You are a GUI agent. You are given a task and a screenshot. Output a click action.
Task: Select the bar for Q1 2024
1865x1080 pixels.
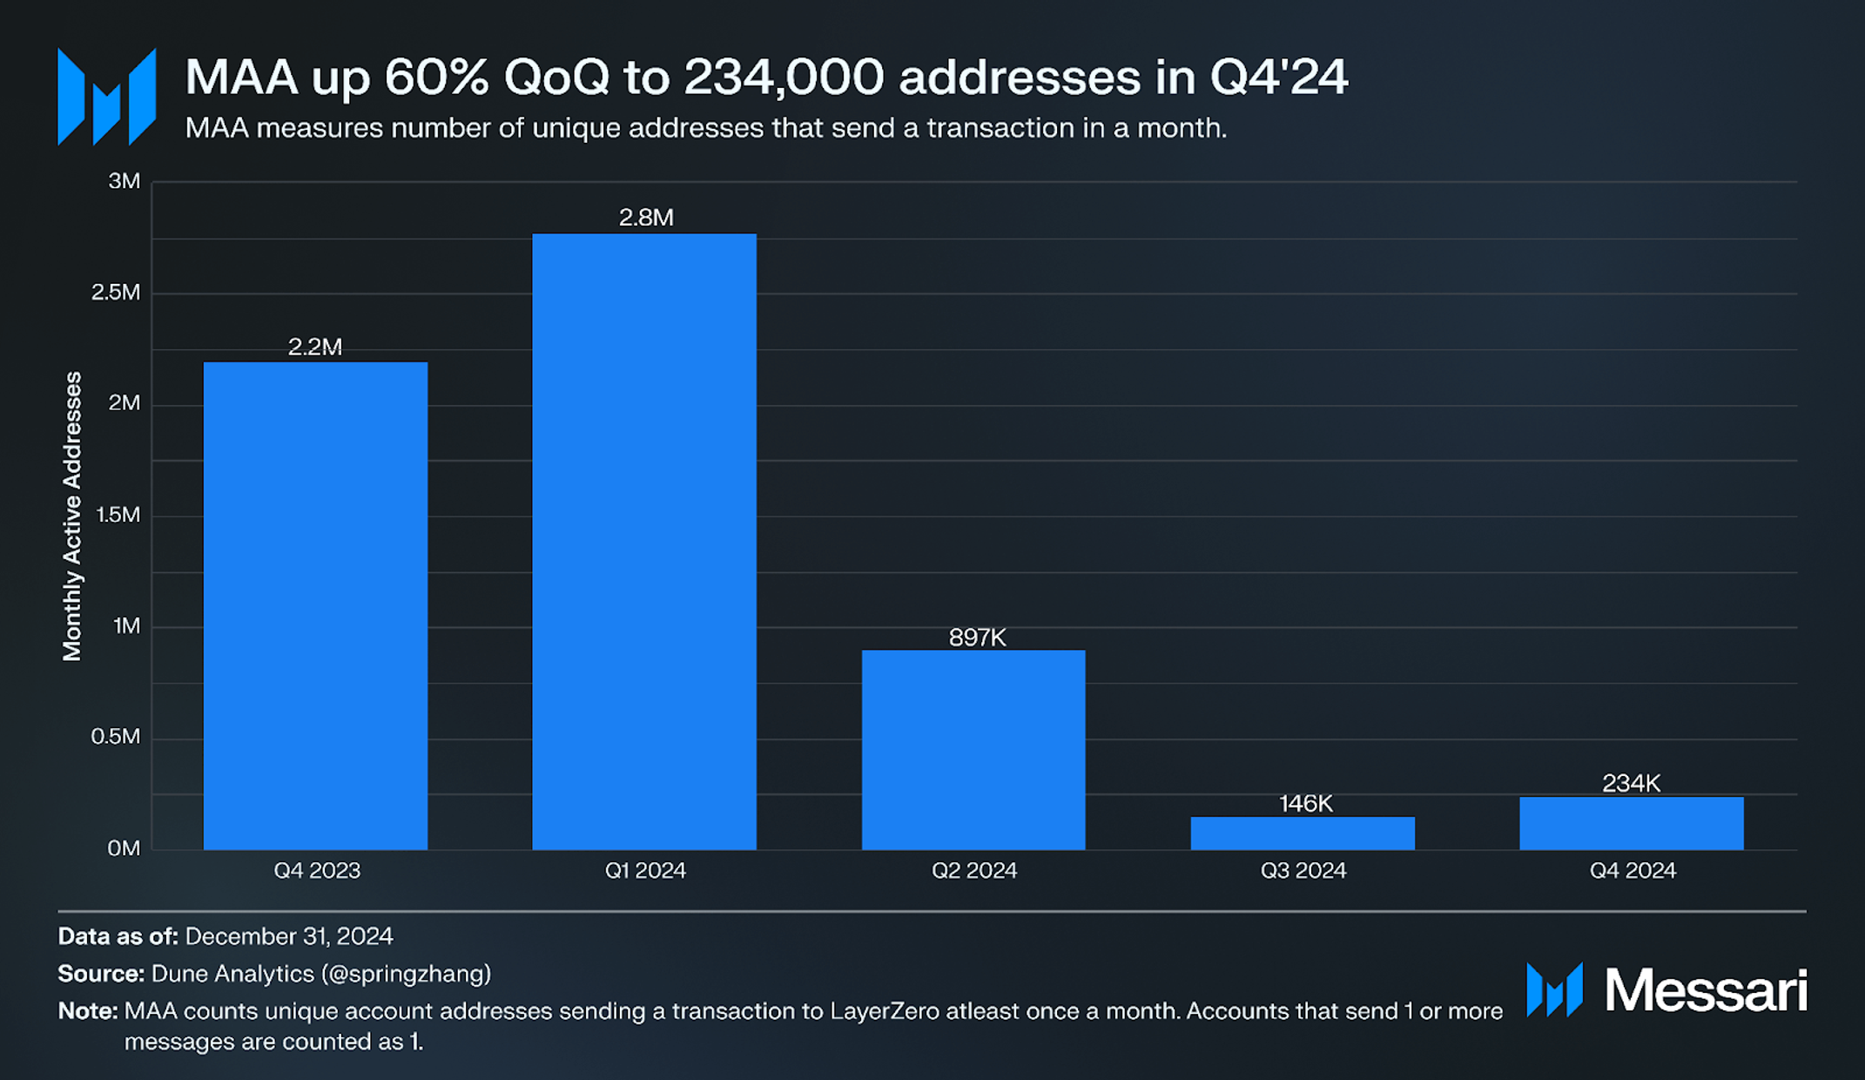point(644,540)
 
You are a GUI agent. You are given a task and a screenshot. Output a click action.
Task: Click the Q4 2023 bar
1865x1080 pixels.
point(315,605)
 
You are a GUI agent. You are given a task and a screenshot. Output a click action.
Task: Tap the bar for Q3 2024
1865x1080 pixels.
point(1303,833)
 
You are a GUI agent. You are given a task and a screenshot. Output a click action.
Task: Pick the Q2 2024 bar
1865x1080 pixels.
point(973,749)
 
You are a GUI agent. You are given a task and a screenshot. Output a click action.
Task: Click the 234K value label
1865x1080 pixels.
point(1632,783)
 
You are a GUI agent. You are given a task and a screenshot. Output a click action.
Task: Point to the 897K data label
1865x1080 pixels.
point(977,638)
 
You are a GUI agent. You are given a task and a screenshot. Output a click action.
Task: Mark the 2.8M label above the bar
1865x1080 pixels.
point(646,217)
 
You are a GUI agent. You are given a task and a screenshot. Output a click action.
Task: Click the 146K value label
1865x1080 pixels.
point(1305,803)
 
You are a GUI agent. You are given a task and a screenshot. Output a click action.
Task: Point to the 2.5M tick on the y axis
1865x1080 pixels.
point(116,292)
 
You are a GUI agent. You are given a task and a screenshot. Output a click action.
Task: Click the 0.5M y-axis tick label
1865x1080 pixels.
point(116,737)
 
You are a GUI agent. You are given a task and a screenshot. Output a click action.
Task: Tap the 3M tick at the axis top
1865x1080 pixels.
point(124,181)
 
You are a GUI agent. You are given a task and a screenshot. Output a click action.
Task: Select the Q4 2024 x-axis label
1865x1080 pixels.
point(1633,870)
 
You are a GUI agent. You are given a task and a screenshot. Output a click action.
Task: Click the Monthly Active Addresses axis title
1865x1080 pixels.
point(72,516)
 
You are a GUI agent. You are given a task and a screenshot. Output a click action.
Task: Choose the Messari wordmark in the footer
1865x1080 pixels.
point(1706,990)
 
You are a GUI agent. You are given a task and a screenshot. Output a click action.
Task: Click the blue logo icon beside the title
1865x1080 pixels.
point(107,97)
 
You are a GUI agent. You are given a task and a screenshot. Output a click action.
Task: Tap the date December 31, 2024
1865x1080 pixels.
point(289,936)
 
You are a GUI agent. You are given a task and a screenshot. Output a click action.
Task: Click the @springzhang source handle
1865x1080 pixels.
point(407,974)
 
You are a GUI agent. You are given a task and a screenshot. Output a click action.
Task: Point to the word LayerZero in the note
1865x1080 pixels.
point(885,1011)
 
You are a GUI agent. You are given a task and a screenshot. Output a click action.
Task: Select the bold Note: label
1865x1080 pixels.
point(87,1011)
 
